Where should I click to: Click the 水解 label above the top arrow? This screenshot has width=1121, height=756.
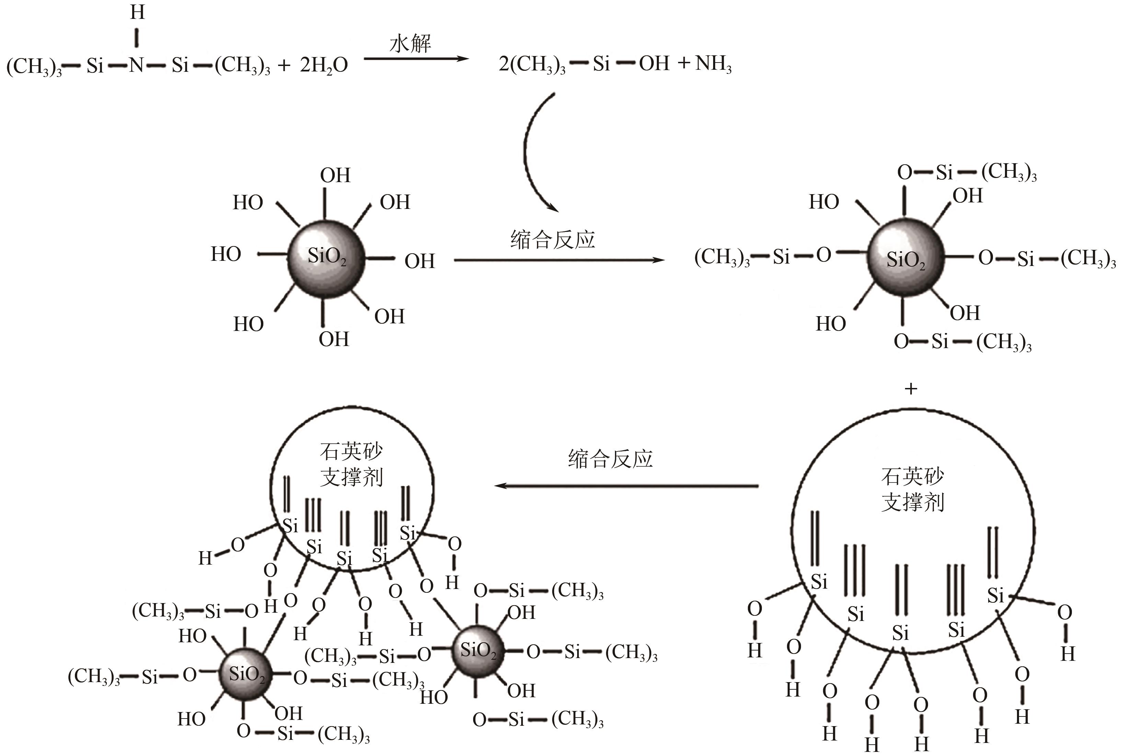pos(410,43)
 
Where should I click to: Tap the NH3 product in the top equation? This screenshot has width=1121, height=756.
pos(713,64)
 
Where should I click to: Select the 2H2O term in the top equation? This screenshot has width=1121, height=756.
pos(324,65)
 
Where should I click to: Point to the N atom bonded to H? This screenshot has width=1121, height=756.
pos(136,65)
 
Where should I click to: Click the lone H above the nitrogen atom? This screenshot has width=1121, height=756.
pos(137,12)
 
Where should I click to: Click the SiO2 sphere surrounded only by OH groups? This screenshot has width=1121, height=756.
pos(326,259)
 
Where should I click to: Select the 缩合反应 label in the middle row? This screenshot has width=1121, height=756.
pos(552,240)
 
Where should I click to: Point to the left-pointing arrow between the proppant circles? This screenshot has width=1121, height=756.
pos(626,486)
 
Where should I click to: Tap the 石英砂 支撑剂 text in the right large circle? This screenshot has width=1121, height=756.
pos(912,489)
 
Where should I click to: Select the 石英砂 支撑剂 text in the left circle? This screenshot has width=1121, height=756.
pos(351,464)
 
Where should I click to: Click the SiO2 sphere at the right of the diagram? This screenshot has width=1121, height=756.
pos(906,259)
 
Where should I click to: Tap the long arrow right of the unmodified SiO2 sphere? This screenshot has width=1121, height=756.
pos(559,260)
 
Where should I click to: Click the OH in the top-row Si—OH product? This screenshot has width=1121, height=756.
pos(654,64)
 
